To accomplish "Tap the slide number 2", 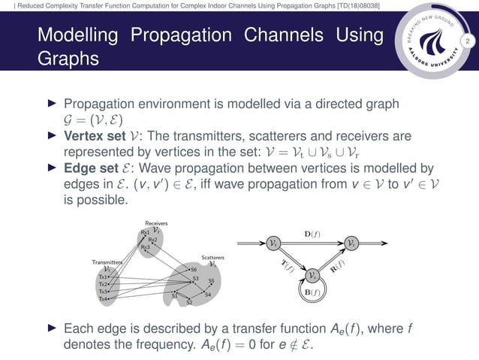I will [467, 41].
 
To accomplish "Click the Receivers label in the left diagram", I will [155, 223].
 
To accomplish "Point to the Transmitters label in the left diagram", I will [107, 262].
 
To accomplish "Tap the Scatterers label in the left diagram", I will [212, 257].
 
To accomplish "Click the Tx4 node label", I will [104, 298].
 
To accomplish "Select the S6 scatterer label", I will [194, 269].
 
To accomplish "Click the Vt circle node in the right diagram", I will [274, 243].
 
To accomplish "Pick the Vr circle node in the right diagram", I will [352, 243].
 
